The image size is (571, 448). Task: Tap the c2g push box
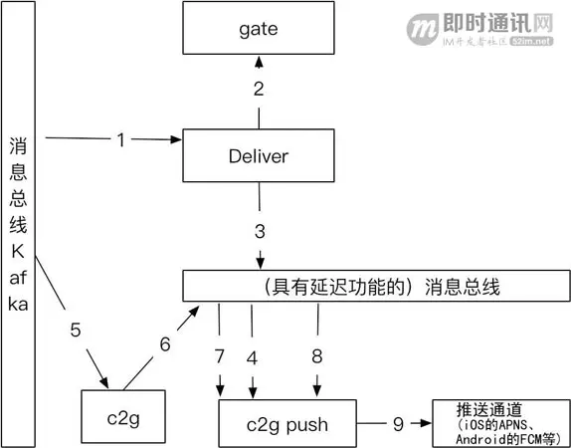tap(285, 424)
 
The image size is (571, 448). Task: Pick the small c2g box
tap(120, 418)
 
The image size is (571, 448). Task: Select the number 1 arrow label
tap(120, 140)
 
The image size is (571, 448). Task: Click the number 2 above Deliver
tap(258, 90)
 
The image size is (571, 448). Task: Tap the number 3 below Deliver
tap(260, 231)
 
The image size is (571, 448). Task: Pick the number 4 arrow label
tap(253, 355)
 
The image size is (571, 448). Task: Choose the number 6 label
tap(165, 344)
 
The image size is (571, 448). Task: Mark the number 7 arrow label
tap(219, 355)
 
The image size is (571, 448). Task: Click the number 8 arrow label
tap(317, 355)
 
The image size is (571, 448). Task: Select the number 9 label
tap(398, 424)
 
